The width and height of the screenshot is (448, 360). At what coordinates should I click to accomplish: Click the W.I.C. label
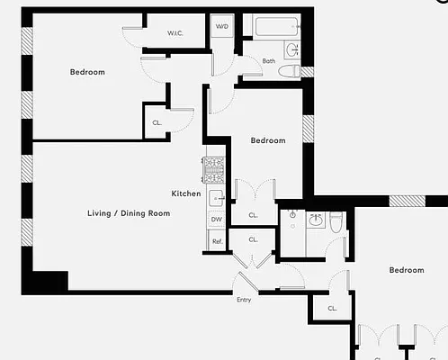tap(175, 34)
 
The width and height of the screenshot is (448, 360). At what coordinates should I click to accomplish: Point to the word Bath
tap(269, 61)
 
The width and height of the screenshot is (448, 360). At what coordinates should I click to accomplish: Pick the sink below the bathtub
tap(291, 49)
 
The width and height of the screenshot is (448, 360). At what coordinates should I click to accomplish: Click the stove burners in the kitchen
tap(214, 166)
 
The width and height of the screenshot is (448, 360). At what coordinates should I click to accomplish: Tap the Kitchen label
tap(186, 193)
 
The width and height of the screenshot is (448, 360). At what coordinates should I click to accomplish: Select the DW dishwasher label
tap(217, 220)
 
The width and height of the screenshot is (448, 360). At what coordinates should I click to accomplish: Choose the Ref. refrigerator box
tap(217, 241)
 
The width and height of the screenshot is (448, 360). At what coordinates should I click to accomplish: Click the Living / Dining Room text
tap(129, 213)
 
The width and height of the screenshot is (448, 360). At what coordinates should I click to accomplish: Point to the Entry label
tap(244, 300)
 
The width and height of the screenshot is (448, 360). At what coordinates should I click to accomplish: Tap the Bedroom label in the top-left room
tap(87, 72)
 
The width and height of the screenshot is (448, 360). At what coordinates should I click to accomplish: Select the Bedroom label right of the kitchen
tap(268, 140)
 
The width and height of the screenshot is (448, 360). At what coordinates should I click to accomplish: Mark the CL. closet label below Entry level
tap(332, 309)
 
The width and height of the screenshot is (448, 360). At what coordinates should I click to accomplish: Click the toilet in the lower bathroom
tap(336, 222)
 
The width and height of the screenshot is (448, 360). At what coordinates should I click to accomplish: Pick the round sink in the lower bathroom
tap(315, 219)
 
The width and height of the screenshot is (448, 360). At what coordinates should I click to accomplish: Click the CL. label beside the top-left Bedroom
tap(157, 122)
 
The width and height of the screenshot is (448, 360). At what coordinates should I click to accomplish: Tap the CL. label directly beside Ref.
tap(254, 240)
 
